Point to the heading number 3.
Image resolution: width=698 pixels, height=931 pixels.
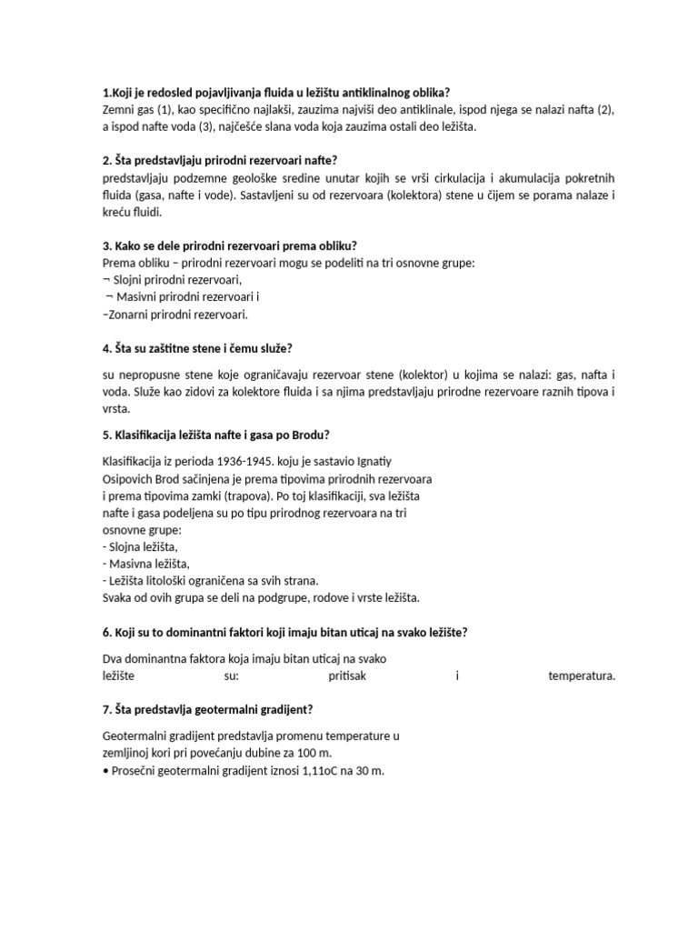pyautogui.click(x=106, y=246)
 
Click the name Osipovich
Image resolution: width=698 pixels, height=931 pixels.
pyautogui.click(x=131, y=478)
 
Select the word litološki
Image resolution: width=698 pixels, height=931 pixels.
pyautogui.click(x=177, y=581)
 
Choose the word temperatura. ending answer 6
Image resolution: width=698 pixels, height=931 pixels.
pyautogui.click(x=582, y=676)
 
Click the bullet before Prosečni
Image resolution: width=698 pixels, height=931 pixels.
pyautogui.click(x=106, y=771)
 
